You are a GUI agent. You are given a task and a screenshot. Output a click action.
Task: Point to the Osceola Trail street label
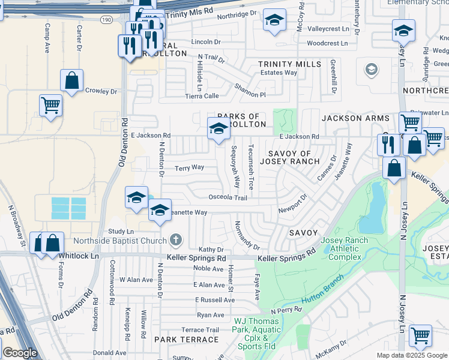(228, 197)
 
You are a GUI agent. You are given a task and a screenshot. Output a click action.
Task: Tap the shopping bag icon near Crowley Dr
(71, 81)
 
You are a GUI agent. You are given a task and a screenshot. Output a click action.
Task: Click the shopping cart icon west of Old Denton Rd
(51, 106)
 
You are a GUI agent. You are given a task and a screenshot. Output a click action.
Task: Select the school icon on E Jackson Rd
(218, 129)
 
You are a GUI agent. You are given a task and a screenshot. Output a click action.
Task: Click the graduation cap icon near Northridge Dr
(274, 22)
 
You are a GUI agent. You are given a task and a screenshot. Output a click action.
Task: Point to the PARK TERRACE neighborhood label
(186, 340)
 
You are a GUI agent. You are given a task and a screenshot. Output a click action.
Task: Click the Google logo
(20, 353)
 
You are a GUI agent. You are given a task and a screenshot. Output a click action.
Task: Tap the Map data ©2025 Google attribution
(412, 355)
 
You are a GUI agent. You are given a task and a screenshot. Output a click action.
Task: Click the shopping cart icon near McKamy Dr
(420, 335)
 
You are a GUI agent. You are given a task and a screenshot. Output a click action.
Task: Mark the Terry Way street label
(189, 168)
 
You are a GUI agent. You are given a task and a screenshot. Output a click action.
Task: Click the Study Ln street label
(121, 231)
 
